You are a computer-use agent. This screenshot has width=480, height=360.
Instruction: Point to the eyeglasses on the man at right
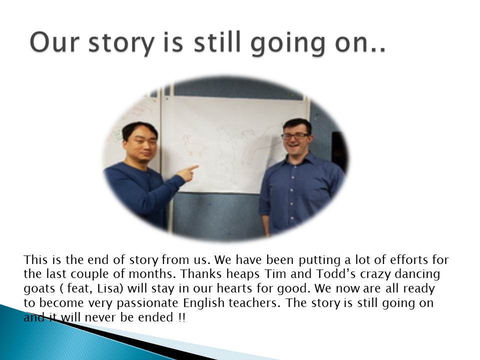[295, 136]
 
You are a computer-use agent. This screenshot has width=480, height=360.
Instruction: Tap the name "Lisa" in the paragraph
[108, 288]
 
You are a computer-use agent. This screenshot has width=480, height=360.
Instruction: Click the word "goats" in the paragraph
[39, 289]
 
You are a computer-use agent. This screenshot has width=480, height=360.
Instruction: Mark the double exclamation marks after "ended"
[181, 317]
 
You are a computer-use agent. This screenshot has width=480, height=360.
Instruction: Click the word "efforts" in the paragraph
[408, 259]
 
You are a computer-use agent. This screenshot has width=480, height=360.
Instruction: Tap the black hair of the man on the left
[139, 130]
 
